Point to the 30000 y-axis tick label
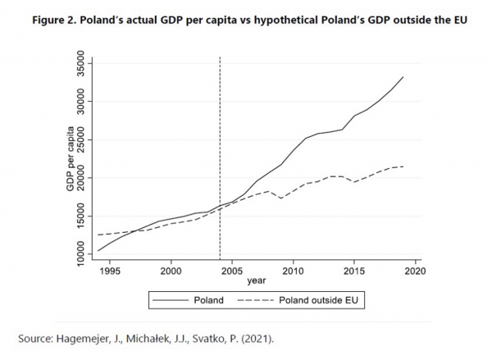click(81, 102)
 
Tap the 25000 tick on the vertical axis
click(81, 140)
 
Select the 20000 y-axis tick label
click(81, 178)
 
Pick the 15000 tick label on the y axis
click(81, 216)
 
